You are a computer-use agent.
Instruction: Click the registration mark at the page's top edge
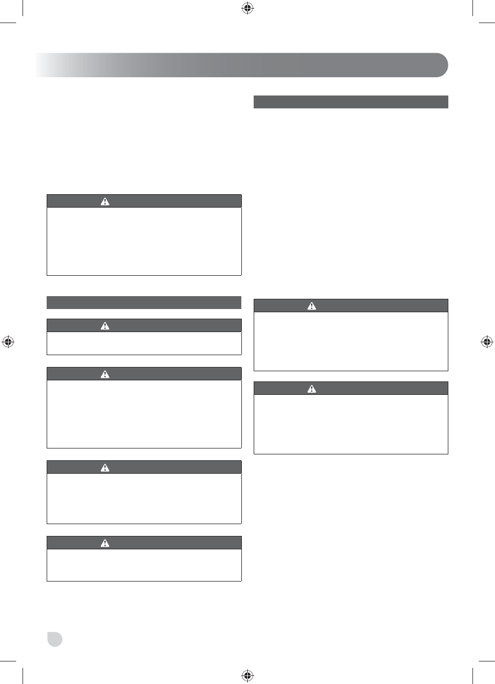247,8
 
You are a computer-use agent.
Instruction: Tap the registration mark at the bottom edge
247,675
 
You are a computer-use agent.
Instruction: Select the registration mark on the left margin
8,341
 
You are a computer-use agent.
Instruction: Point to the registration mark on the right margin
486,341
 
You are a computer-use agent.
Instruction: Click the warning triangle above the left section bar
105,201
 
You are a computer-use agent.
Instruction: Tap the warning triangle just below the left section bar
105,326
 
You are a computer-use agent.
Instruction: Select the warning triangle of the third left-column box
105,374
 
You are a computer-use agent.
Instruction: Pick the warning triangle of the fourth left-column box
105,467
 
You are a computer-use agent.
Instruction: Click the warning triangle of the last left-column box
105,543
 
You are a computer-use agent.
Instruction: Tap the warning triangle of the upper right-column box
312,306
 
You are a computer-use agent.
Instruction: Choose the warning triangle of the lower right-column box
312,388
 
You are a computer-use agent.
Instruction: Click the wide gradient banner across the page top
241,65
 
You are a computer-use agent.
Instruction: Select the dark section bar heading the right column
351,102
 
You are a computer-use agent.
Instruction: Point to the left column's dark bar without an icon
144,303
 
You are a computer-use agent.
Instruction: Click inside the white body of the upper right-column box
351,341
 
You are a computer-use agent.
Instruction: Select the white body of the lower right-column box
351,424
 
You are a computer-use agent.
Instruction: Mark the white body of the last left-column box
144,565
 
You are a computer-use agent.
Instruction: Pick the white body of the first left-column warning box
144,241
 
